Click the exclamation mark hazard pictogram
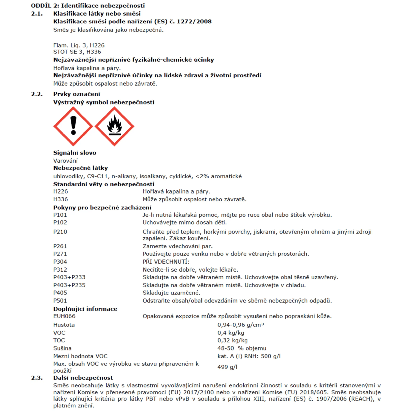73,126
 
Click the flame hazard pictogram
114,126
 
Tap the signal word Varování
65,161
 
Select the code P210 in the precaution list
60,232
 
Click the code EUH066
64,316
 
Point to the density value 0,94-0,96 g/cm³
240,325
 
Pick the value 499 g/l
227,367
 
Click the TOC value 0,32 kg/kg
232,340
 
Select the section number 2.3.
37,378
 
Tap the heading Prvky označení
77,94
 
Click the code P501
60,301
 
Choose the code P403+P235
69,285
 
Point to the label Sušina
62,348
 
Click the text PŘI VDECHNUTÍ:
166,262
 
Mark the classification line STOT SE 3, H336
77,52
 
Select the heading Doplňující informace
85,309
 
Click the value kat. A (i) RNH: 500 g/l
249,356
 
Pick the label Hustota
64,325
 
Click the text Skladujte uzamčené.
171,293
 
